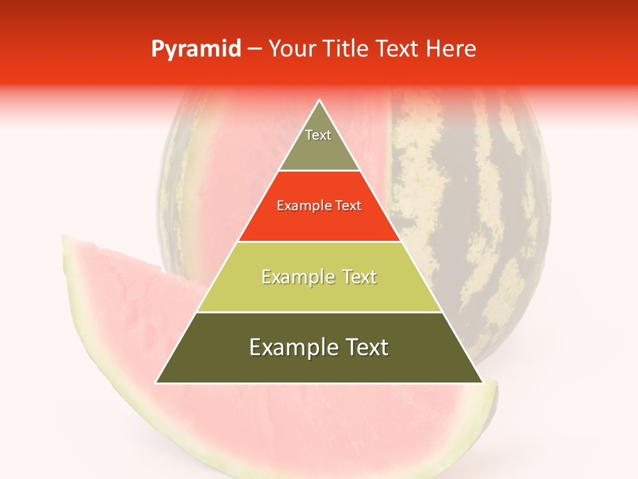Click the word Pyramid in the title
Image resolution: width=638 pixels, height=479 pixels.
[195, 49]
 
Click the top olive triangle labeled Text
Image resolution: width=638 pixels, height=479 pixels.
[319, 143]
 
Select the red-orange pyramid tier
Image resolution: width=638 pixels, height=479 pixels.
[319, 216]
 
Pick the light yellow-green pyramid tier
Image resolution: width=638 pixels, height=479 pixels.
[319, 286]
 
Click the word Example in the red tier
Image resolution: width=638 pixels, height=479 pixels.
[301, 206]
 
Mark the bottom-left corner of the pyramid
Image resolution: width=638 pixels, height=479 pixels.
[156, 383]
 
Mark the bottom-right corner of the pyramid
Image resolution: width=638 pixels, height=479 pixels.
[482, 383]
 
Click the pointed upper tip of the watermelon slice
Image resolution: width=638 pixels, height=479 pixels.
[64, 236]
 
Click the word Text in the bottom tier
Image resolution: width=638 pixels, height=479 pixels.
[364, 347]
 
